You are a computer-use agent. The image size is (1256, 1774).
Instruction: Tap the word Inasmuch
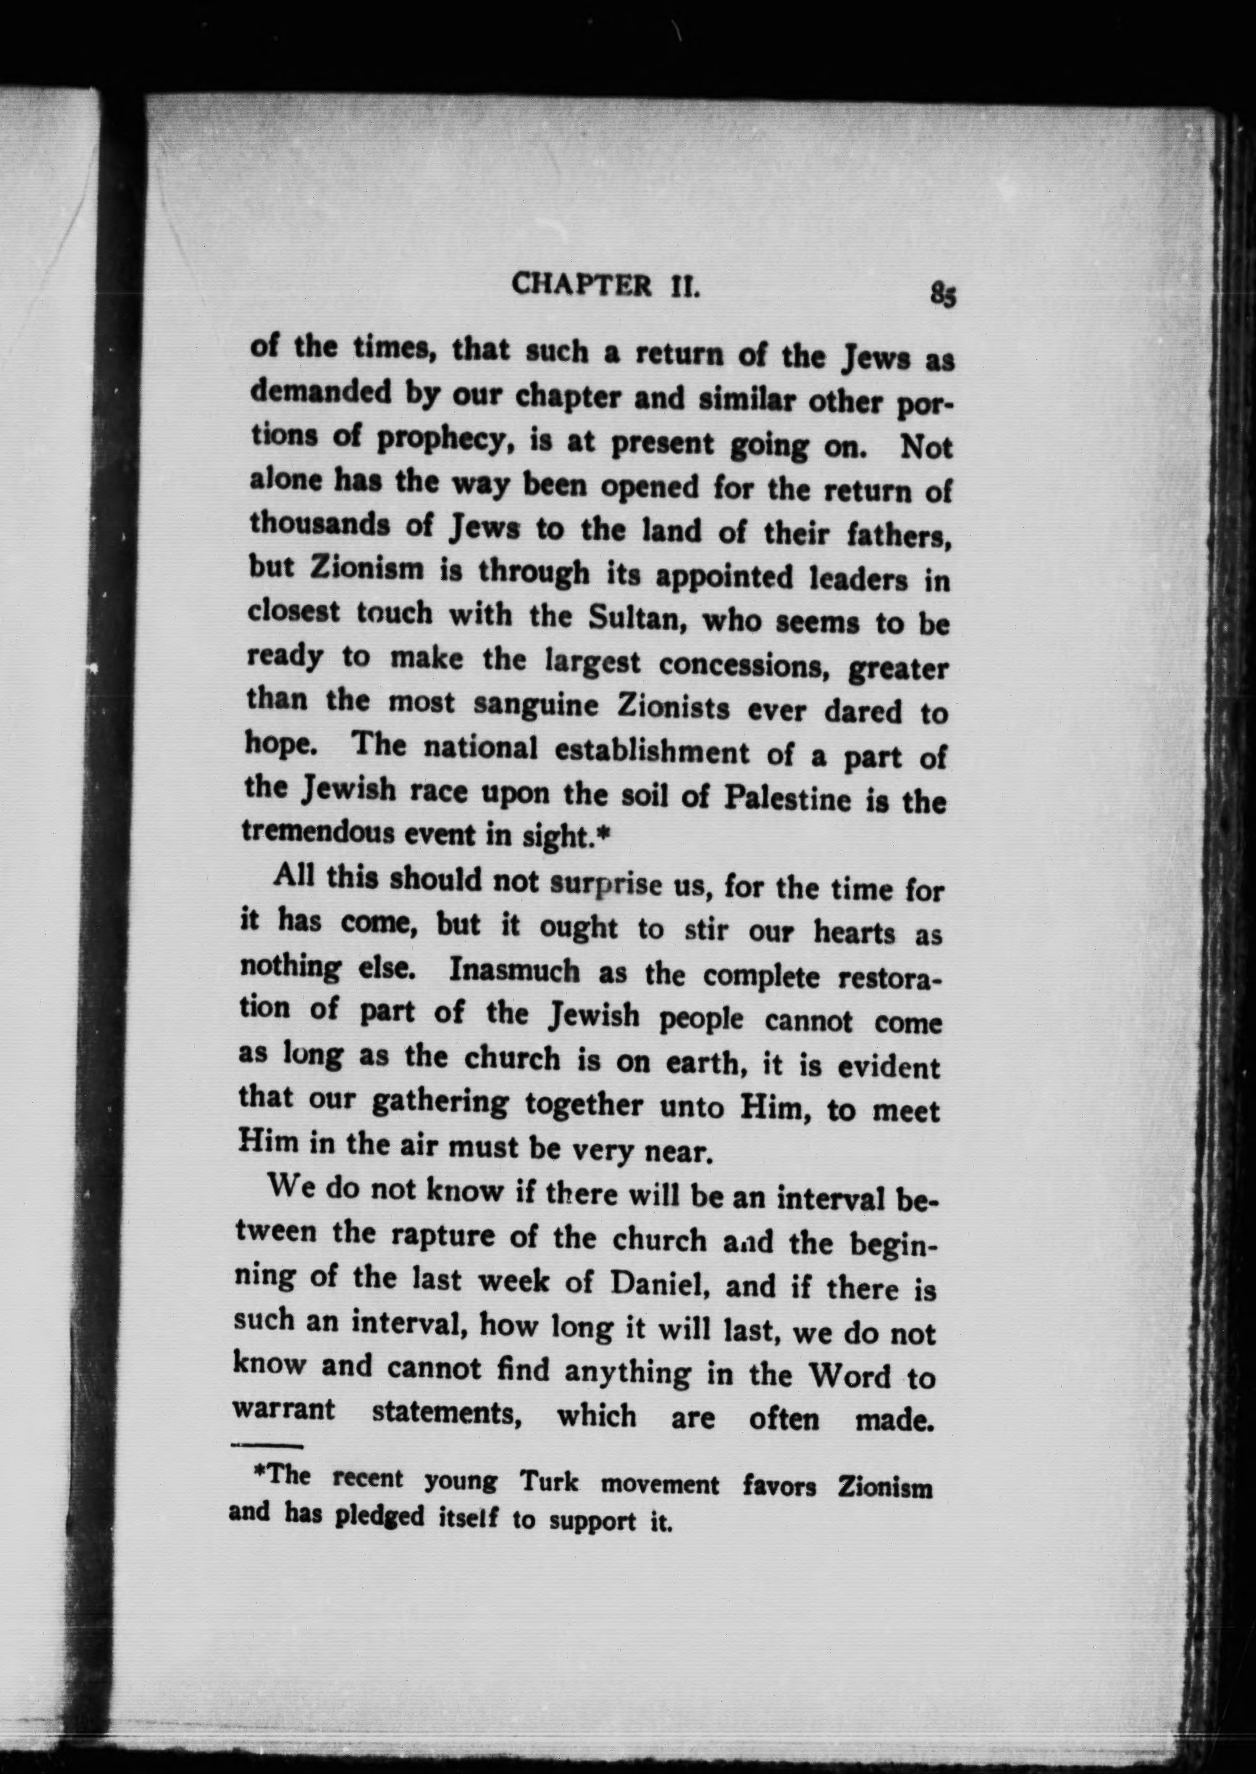(x=514, y=972)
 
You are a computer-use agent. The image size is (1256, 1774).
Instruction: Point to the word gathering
(x=438, y=1102)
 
